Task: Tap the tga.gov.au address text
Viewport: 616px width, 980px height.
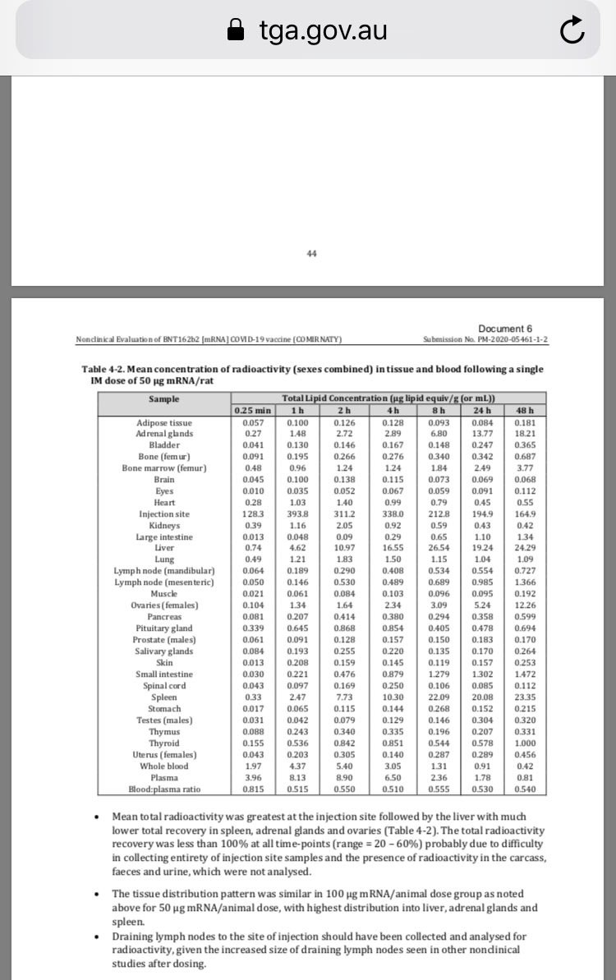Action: pyautogui.click(x=323, y=31)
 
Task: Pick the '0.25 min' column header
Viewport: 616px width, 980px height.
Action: pyautogui.click(x=252, y=411)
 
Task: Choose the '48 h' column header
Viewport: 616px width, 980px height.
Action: pyautogui.click(x=524, y=411)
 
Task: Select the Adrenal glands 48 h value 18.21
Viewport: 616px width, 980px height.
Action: pyautogui.click(x=525, y=433)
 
